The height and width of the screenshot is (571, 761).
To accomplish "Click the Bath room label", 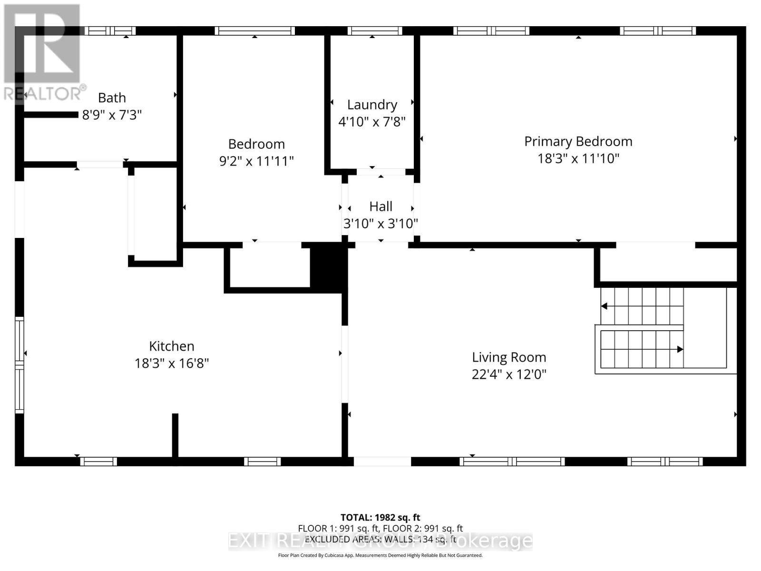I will [x=112, y=98].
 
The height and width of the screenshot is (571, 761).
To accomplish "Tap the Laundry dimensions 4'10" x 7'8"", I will [x=372, y=122].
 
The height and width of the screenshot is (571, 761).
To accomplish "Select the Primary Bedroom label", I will [x=578, y=141].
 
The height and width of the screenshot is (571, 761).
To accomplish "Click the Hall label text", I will [x=380, y=207].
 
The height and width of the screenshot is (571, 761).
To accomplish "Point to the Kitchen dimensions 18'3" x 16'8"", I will [x=172, y=363].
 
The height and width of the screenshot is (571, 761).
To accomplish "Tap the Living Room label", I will [x=509, y=357].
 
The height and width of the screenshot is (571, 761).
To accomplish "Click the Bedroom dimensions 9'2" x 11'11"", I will [x=256, y=161].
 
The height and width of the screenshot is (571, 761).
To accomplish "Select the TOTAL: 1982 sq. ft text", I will [x=380, y=517].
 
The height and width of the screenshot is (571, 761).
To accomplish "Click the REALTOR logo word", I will [x=43, y=93].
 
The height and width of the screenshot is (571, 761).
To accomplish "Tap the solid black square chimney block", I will [x=328, y=266].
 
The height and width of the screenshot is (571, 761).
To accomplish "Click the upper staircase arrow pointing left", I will [x=605, y=306].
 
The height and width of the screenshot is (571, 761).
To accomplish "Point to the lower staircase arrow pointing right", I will [x=680, y=349].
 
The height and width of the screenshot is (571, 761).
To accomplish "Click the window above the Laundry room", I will [x=375, y=31].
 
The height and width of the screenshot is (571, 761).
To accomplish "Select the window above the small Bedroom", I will [x=254, y=31].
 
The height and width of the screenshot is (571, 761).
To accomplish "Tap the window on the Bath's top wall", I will [x=110, y=31].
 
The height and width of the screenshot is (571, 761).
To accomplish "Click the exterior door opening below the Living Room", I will [x=382, y=461].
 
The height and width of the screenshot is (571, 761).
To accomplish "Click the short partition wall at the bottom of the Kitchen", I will [x=175, y=435].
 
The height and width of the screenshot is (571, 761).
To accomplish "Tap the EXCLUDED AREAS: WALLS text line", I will [x=380, y=539].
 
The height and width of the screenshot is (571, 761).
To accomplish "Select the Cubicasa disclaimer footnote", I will [x=380, y=555].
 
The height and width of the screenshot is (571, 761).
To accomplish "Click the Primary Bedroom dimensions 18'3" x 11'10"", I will [x=578, y=158].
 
